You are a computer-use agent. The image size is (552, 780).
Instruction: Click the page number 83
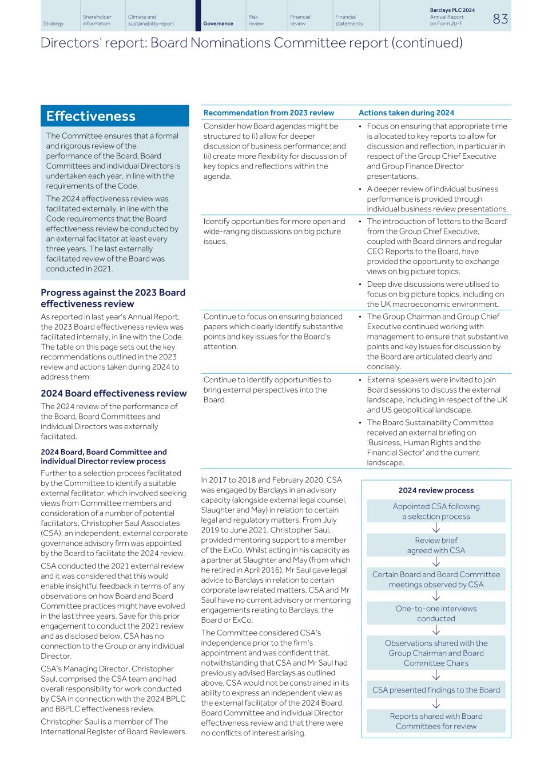[x=500, y=19]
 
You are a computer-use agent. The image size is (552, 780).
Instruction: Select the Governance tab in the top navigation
[x=218, y=23]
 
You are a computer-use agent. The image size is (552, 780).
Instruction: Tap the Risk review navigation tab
[x=256, y=21]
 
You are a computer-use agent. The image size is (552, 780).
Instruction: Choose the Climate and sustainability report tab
[x=150, y=21]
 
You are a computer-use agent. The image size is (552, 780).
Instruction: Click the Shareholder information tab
[x=97, y=21]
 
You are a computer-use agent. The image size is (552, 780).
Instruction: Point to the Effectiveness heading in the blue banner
[x=90, y=117]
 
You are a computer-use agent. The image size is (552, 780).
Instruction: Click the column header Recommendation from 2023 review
[x=268, y=113]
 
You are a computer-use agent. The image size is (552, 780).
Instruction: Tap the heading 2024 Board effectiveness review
[x=113, y=393]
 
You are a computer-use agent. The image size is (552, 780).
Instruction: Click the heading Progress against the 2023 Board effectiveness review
[x=113, y=298]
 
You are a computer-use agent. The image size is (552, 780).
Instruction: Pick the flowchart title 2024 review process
[x=436, y=490]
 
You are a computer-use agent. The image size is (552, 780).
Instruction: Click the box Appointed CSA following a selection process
[x=436, y=511]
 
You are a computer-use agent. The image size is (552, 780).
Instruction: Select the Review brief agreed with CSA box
[x=436, y=545]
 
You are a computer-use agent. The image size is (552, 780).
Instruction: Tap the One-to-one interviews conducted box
[x=436, y=613]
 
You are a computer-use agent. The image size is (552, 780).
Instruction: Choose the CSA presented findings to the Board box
[x=436, y=690]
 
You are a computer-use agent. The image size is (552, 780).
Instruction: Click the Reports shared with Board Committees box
[x=436, y=721]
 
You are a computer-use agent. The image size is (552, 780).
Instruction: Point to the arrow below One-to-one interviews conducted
[x=436, y=630]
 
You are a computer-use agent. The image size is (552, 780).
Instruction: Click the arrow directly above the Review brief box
[x=436, y=528]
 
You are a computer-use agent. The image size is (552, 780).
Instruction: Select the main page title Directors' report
[x=251, y=43]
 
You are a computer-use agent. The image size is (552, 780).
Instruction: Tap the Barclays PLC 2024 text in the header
[x=452, y=10]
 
